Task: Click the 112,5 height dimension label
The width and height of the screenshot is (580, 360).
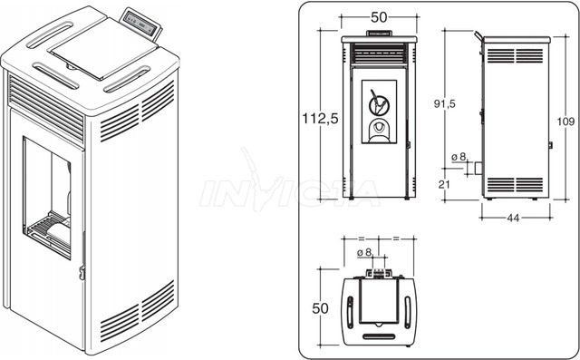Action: click(320, 119)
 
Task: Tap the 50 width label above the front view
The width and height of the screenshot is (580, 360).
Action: click(379, 17)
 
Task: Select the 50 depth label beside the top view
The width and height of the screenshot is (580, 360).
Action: click(320, 308)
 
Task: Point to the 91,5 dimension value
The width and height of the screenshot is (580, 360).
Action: click(445, 104)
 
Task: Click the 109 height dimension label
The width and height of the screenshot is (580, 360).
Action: click(565, 122)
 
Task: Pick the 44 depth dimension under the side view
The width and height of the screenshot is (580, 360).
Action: click(513, 218)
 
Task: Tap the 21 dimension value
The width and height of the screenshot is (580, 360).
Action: click(444, 184)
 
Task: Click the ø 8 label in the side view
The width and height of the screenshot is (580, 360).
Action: click(459, 157)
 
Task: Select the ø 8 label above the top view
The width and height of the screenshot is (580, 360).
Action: click(364, 253)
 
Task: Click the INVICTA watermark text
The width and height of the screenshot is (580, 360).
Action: click(290, 192)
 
